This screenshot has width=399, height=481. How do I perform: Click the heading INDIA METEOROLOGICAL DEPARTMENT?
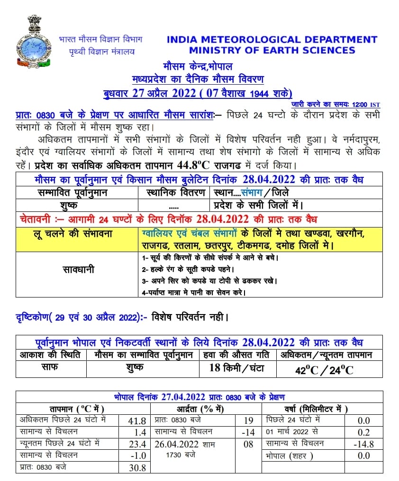272,40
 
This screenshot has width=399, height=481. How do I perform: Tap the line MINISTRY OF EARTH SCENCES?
272,51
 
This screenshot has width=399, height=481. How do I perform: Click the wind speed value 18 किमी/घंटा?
236,368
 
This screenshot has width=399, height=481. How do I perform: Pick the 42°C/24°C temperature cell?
324,370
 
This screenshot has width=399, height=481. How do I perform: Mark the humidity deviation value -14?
248,432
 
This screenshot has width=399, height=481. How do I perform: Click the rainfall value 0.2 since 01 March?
363,432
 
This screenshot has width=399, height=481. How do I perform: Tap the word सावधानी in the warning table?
79,270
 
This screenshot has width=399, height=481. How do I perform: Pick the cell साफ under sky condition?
51,367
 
